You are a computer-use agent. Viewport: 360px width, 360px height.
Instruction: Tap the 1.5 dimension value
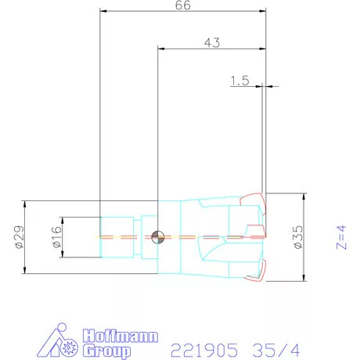point(239,80)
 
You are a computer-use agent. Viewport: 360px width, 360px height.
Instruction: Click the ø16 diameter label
point(56,236)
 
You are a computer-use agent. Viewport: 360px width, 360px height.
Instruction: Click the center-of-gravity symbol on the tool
point(158,236)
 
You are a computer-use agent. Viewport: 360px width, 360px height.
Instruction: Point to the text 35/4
point(273,344)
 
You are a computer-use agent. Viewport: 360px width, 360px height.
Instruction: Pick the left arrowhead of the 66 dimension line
point(103,13)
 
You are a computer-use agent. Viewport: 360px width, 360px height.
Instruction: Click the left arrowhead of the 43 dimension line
point(161,49)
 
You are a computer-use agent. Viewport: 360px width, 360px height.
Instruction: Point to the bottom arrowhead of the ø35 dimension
point(304,278)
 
